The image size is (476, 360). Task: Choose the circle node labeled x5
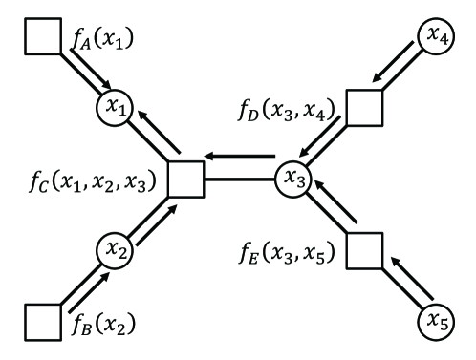click(x=435, y=323)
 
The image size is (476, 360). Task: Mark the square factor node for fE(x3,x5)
click(x=363, y=251)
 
